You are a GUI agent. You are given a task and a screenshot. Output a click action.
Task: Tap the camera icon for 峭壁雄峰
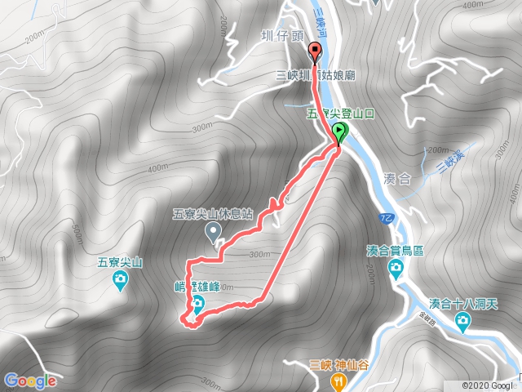click(197, 306)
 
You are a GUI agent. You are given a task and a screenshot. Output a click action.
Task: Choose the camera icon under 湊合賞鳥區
click(396, 269)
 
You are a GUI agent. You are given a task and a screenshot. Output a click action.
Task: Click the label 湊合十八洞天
click(462, 303)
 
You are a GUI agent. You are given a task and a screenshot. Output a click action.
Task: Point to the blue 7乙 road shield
click(387, 218)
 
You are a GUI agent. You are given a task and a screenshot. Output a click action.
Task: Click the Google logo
click(30, 381)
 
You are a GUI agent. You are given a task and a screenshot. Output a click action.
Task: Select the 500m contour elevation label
click(77, 237)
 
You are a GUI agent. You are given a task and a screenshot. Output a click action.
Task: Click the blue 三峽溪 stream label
click(445, 164)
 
